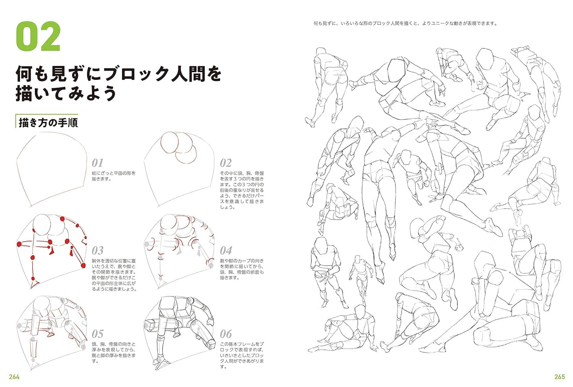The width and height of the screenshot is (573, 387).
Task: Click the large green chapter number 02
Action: (x=38, y=37)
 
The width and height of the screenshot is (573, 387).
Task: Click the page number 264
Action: (x=14, y=377)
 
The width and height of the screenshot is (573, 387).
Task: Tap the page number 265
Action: (x=559, y=377)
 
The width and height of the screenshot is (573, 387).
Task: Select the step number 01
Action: (x=97, y=163)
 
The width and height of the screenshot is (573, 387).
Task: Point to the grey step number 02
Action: (x=225, y=163)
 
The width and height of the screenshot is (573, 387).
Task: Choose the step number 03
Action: (x=97, y=250)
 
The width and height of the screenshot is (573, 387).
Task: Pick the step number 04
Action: (x=225, y=250)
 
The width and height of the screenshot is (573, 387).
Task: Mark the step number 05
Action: (x=97, y=334)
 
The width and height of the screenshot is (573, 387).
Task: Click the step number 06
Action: (x=225, y=334)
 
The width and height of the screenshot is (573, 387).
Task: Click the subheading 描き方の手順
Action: (x=48, y=122)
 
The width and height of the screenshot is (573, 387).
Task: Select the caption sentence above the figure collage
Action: (x=405, y=24)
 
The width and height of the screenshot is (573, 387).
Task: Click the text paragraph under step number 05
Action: (x=114, y=352)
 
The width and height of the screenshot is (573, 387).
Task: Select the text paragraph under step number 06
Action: (x=242, y=355)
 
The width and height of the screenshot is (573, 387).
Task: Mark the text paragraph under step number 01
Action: (x=114, y=176)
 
